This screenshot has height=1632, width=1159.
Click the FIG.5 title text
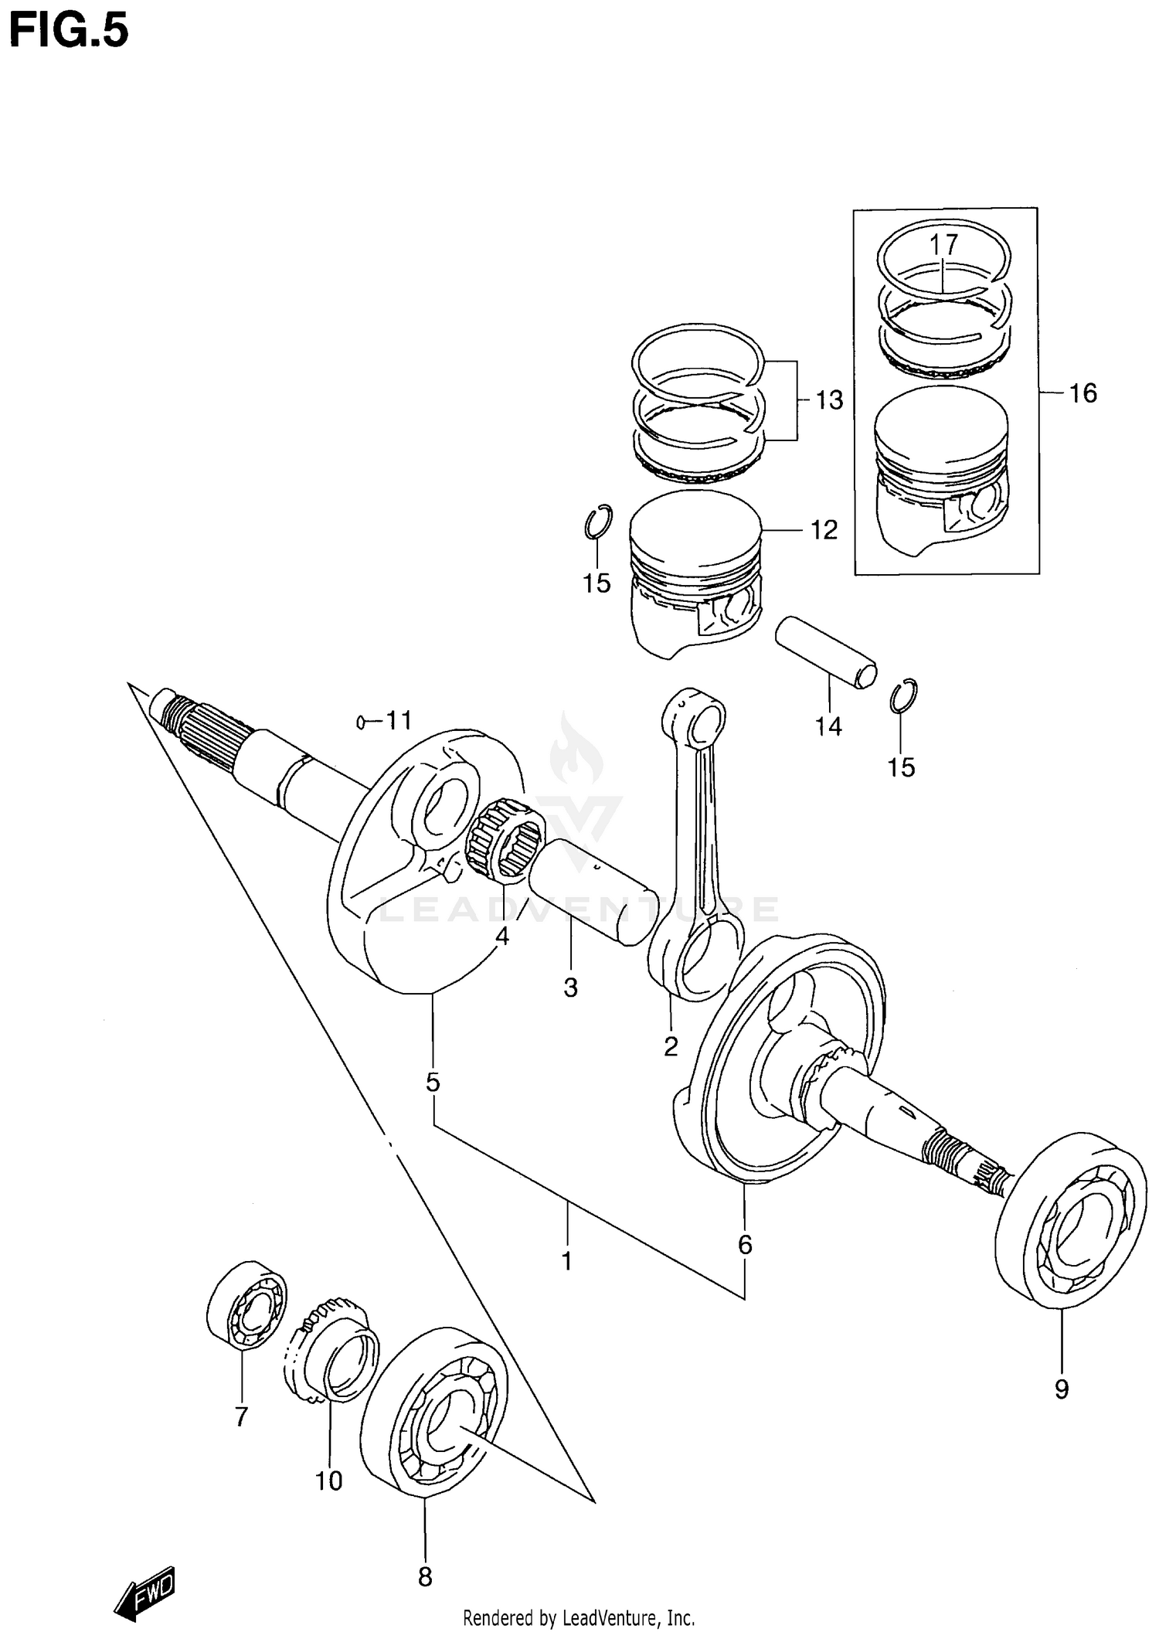coord(68,32)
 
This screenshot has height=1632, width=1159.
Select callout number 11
coord(399,721)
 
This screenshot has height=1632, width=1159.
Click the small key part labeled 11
coord(360,722)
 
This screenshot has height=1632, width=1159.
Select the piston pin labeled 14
coord(826,651)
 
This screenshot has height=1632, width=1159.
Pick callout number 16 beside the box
coord(1083,393)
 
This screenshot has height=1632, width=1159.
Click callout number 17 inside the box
coord(943,245)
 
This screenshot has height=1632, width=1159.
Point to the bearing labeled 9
coord(1069,1231)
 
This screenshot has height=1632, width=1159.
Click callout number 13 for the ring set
coord(829,400)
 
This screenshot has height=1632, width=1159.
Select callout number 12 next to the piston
coord(824,530)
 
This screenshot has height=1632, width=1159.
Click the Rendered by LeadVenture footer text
coord(579,1617)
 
